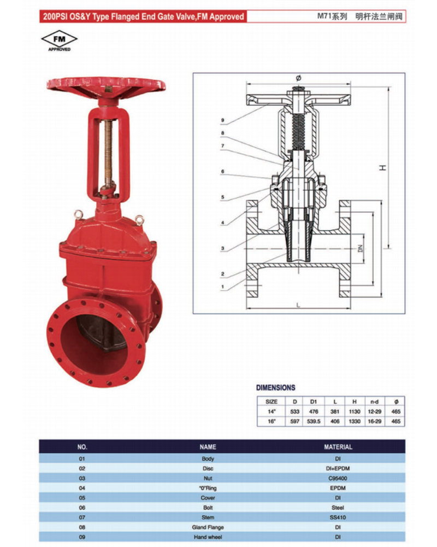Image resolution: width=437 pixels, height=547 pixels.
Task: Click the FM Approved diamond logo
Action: click(59, 41)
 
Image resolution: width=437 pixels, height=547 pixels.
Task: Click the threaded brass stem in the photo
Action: click(109, 154)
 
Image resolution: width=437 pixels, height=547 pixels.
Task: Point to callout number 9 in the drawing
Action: click(223, 120)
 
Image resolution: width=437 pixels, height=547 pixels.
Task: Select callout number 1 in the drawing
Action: click(223, 287)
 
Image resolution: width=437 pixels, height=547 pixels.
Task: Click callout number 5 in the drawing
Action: click(223, 197)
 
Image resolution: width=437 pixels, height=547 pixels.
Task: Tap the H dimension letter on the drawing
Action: click(382, 168)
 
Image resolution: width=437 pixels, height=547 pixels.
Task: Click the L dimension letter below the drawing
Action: click(298, 305)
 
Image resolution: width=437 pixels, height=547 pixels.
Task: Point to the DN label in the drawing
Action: click(361, 248)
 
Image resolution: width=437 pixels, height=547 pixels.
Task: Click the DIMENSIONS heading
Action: click(276, 388)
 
